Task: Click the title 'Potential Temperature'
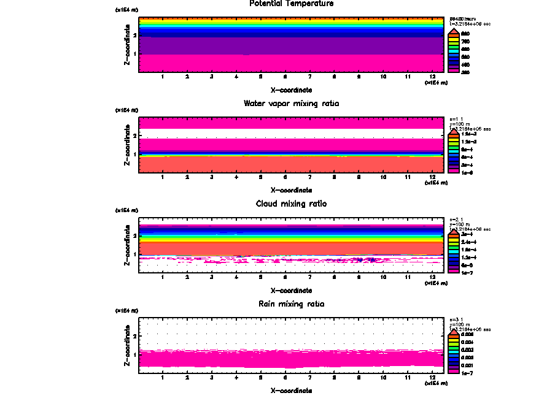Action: (x=292, y=4)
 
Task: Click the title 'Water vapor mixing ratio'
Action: (x=292, y=104)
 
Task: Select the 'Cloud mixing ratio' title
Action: (x=292, y=204)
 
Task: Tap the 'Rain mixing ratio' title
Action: (x=292, y=304)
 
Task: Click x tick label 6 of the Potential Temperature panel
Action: (x=285, y=77)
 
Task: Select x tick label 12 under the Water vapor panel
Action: (x=433, y=177)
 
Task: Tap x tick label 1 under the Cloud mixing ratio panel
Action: (x=163, y=277)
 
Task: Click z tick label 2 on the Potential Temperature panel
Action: (x=134, y=35)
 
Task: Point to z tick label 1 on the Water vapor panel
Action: (x=134, y=154)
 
